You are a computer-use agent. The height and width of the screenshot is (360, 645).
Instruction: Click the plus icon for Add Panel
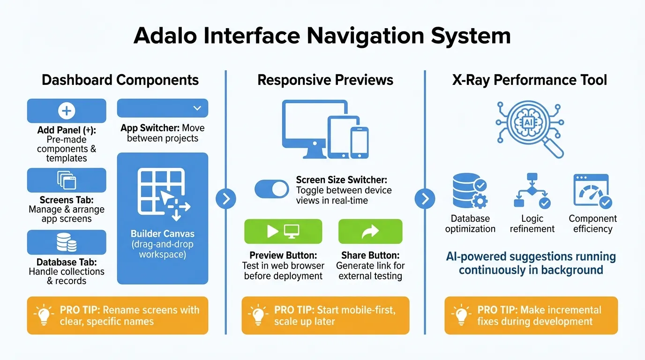point(67,111)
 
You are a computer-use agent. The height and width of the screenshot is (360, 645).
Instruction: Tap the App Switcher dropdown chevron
point(197,108)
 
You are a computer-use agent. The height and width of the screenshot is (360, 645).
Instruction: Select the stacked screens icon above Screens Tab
point(67,180)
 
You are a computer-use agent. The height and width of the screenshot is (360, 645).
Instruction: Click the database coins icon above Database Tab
point(67,242)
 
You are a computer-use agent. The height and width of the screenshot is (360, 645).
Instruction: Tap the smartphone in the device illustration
point(359,142)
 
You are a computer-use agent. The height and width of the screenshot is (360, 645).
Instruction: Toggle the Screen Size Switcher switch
point(272,189)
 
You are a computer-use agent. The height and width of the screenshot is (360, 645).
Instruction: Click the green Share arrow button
point(370,231)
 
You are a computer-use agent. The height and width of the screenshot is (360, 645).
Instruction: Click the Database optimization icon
point(470,191)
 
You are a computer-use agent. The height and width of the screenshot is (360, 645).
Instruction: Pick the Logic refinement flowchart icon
point(532,191)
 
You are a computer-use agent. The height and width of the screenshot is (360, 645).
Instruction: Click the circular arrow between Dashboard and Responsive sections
point(226,199)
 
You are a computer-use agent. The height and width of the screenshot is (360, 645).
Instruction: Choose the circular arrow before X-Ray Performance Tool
point(425,199)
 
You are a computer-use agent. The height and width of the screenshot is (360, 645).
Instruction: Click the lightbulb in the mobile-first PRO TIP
point(258,315)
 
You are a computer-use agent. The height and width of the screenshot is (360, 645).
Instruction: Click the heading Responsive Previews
point(325,80)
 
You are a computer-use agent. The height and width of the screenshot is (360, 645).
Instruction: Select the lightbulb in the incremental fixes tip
point(461,315)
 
